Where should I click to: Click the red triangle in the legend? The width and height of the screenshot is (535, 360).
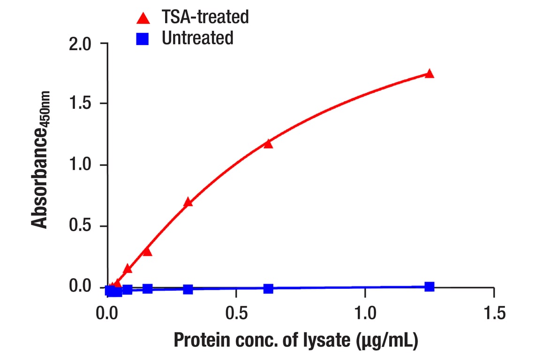pyautogui.click(x=143, y=18)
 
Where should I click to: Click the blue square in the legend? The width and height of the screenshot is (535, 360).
pyautogui.click(x=143, y=38)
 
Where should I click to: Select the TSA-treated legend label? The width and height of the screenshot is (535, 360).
pyautogui.click(x=205, y=17)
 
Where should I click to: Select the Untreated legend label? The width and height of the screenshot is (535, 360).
pyautogui.click(x=197, y=38)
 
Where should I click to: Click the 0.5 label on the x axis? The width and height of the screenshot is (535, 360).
pyautogui.click(x=236, y=313)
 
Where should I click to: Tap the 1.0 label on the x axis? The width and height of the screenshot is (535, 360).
pyautogui.click(x=365, y=313)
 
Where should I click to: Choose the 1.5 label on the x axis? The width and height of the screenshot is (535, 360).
pyautogui.click(x=493, y=313)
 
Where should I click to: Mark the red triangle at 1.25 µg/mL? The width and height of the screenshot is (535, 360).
pyautogui.click(x=429, y=74)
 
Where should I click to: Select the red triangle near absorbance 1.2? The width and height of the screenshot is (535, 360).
pyautogui.click(x=268, y=143)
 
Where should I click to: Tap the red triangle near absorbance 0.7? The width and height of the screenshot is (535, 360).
pyautogui.click(x=188, y=202)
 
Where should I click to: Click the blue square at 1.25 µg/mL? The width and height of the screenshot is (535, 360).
pyautogui.click(x=429, y=286)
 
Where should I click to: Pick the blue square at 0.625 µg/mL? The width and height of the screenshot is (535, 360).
pyautogui.click(x=268, y=288)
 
